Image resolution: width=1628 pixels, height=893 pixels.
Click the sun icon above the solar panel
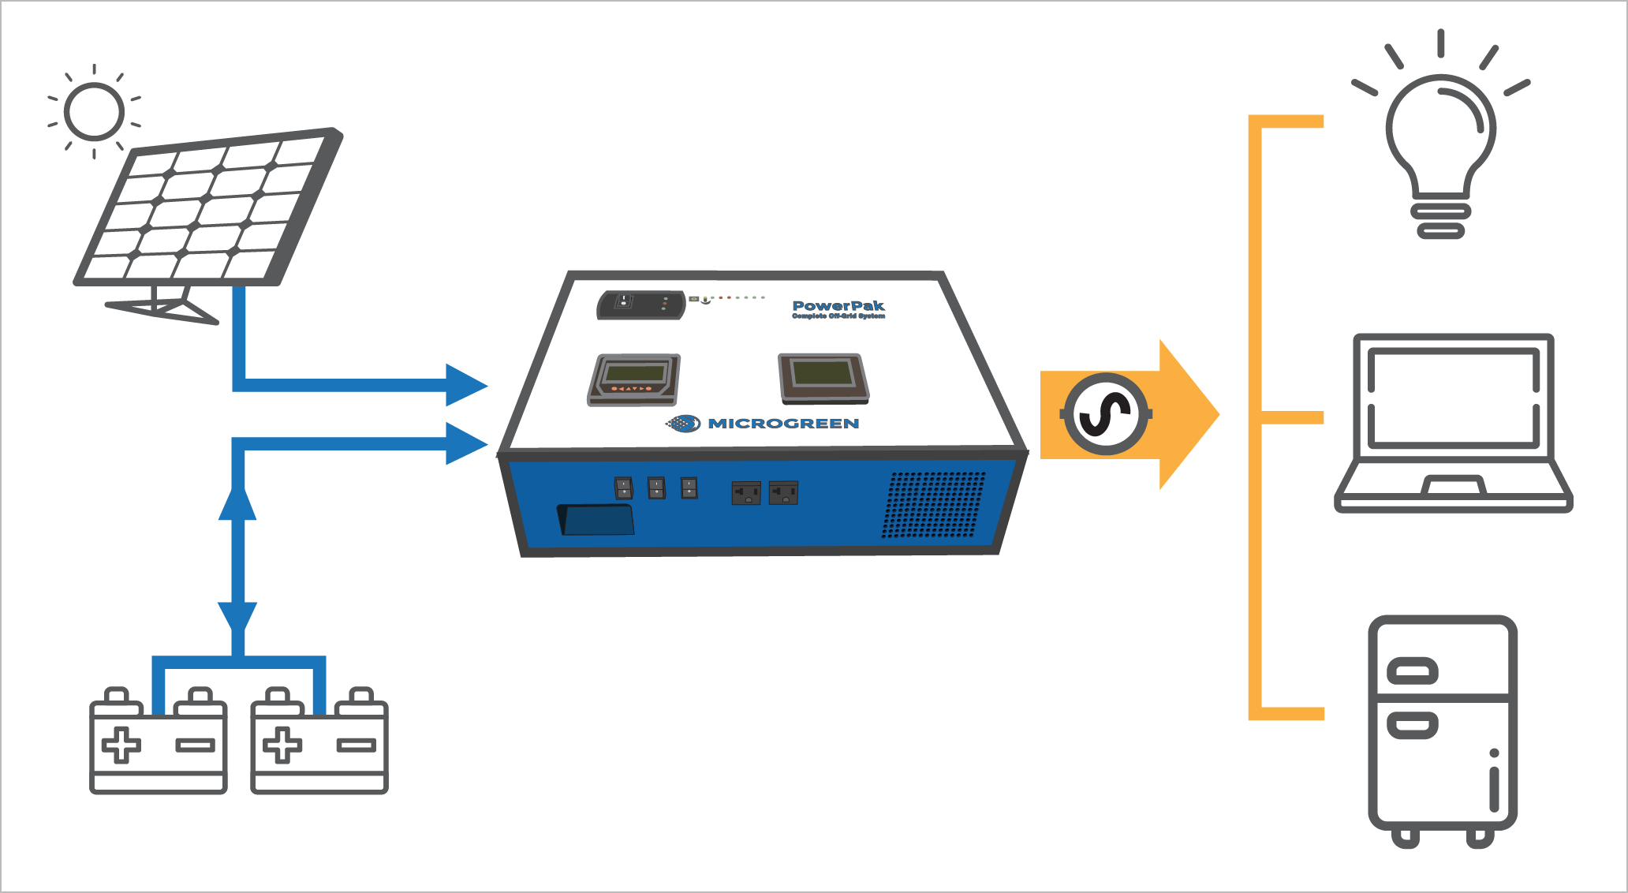tap(94, 111)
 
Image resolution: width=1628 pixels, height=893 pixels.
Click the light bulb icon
tap(1440, 142)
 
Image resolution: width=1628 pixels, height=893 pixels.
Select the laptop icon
tap(1453, 422)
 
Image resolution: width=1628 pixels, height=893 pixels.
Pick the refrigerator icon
tap(1442, 730)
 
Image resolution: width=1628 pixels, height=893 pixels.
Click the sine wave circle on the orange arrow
tap(1106, 414)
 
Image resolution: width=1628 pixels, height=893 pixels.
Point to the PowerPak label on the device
tap(838, 307)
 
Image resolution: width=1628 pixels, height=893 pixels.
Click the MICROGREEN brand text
tap(782, 424)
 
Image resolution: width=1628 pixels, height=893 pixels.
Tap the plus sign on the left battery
tap(121, 745)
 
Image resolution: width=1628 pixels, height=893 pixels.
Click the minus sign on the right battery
tap(357, 745)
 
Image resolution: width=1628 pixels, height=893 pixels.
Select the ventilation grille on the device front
tap(934, 505)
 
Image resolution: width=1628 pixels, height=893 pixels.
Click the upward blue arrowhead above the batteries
tap(237, 503)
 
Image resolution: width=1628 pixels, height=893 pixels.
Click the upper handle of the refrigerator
tap(1412, 671)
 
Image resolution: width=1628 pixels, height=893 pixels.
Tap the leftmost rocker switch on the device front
tap(623, 488)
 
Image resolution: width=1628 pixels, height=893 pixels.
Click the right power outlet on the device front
tap(783, 494)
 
